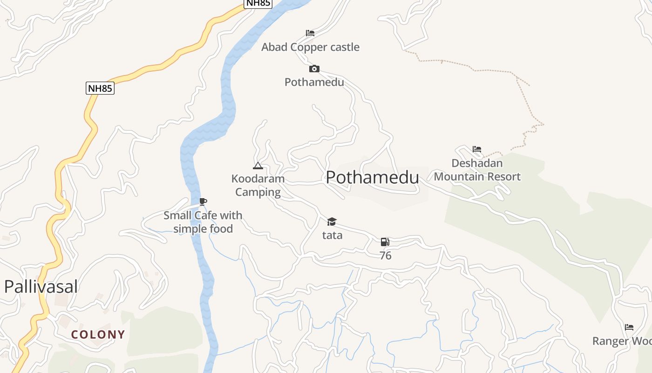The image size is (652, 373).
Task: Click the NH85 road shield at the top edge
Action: tap(258, 3)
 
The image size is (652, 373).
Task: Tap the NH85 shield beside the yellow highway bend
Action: tap(100, 88)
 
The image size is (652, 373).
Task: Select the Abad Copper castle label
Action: tap(310, 47)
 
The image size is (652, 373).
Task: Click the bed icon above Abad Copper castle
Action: tap(310, 33)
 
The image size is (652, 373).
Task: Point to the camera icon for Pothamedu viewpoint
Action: tap(314, 69)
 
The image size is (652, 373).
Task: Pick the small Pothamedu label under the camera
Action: tap(314, 83)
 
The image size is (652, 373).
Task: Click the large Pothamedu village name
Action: tap(372, 178)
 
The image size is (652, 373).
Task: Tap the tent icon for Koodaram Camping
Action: tap(258, 166)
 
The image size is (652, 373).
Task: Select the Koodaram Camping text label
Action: tap(258, 185)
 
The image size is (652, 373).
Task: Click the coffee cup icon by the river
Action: tap(203, 201)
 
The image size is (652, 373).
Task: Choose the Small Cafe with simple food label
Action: tap(203, 222)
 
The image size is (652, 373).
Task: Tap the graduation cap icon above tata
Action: tap(332, 221)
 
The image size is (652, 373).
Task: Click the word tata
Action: tap(332, 235)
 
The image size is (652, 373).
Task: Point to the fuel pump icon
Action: tap(385, 242)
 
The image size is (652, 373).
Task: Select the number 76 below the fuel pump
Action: tap(385, 256)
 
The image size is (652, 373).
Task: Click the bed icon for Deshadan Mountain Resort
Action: tap(477, 149)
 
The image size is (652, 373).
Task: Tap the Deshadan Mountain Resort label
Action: tap(477, 170)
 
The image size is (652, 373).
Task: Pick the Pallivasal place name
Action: tap(41, 287)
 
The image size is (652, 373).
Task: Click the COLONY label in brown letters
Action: tap(98, 334)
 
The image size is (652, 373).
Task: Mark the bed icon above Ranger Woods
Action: tap(629, 327)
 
